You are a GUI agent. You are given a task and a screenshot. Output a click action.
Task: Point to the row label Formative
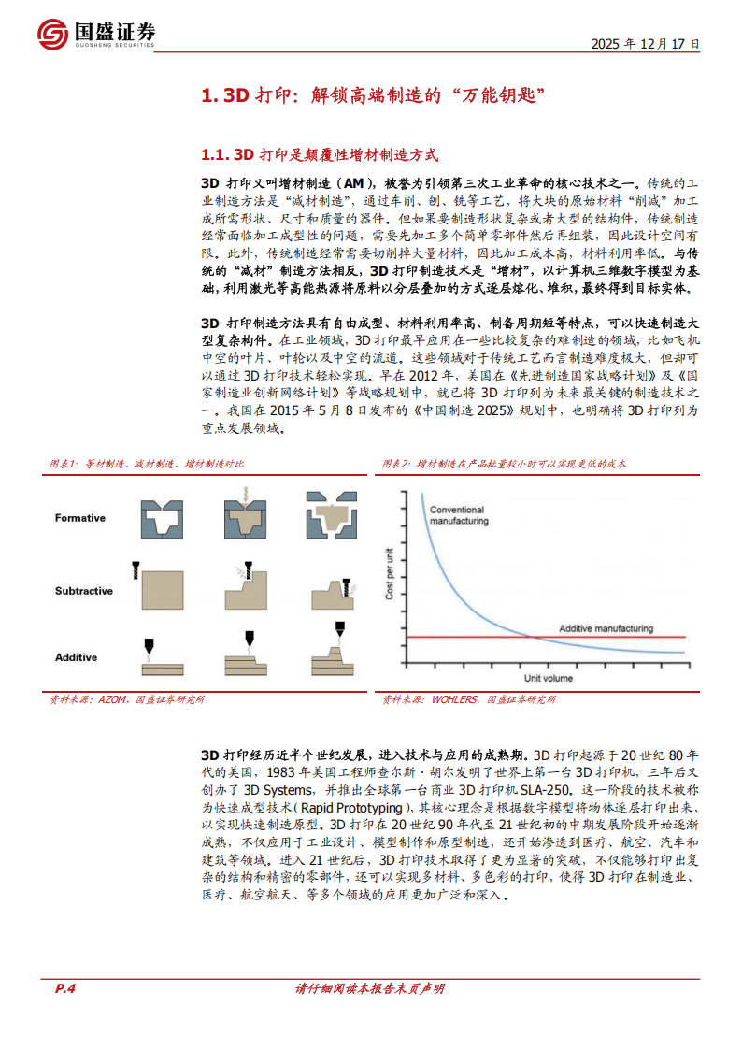click(x=80, y=518)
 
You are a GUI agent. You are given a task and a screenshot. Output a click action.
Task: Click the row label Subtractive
click(x=84, y=591)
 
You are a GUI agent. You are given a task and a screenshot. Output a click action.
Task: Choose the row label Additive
click(x=77, y=657)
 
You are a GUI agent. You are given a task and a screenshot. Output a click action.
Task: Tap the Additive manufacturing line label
click(x=606, y=628)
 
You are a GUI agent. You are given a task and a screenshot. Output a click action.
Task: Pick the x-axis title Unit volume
click(x=549, y=678)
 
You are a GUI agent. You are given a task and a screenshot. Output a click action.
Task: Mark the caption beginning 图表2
click(x=505, y=464)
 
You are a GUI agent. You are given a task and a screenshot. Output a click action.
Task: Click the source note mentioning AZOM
click(x=127, y=699)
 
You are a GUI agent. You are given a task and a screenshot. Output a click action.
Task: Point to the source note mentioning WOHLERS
click(x=469, y=699)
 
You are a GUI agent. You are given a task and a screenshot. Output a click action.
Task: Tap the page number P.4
click(x=64, y=989)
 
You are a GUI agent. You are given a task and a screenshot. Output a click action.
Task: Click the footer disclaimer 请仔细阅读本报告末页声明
click(x=370, y=989)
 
